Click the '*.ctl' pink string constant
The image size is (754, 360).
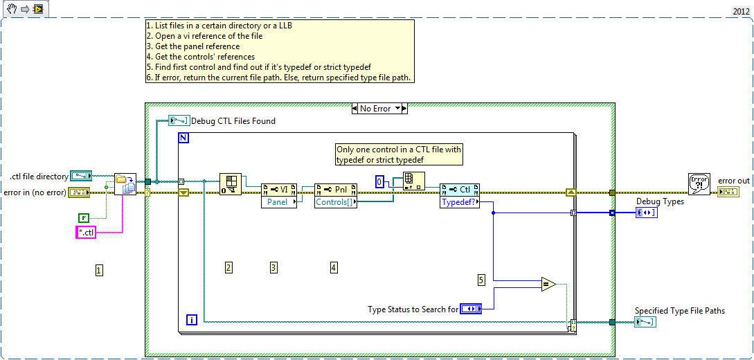coord(85,233)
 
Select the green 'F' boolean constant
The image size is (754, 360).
coord(83,218)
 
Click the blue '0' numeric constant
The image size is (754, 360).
coord(379,181)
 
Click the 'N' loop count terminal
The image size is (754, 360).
coord(184,138)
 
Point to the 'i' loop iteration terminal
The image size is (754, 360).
coord(193,319)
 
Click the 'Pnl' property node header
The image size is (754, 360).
coord(336,190)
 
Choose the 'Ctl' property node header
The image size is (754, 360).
coord(460,190)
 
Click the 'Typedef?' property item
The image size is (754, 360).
coord(460,202)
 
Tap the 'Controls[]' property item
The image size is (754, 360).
coord(336,202)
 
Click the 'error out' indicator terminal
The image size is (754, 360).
coord(728,192)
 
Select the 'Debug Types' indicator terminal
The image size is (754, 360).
coord(647,213)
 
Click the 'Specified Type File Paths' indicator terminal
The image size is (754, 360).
coord(645,322)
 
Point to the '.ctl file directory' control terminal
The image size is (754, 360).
coord(81,177)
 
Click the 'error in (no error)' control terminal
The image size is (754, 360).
coord(77,192)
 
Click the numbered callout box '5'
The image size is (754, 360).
coord(482,280)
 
